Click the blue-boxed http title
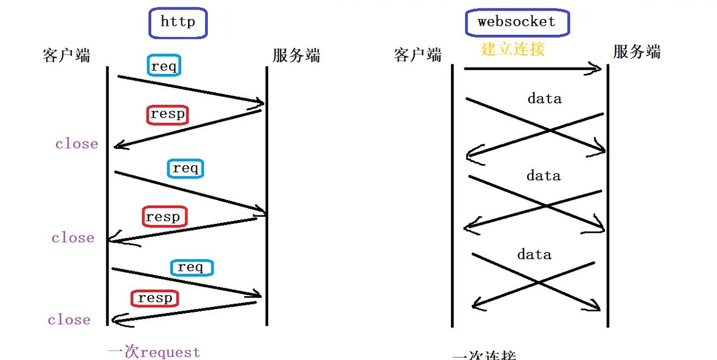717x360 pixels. coord(178,23)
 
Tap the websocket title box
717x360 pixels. coord(516,23)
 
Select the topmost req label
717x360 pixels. coord(164,66)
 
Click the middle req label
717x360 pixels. coord(185,168)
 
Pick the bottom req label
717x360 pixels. coord(191,267)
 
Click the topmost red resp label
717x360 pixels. coord(167,114)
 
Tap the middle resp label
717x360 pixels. coord(164,217)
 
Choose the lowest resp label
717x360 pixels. coord(155,298)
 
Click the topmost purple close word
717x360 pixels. coord(76,144)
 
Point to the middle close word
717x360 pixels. coord(73,238)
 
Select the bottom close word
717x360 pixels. coord(69,320)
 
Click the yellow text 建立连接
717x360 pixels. coord(513,49)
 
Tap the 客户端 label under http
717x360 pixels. coord(66,55)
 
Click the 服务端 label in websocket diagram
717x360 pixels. coord(636,52)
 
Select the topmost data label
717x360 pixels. coord(544,99)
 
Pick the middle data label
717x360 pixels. coord(543,176)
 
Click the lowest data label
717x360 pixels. coord(534,255)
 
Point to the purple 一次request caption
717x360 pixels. coord(154,352)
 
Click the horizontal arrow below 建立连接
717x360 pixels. coord(532,69)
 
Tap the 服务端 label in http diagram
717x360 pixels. coord(296,55)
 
